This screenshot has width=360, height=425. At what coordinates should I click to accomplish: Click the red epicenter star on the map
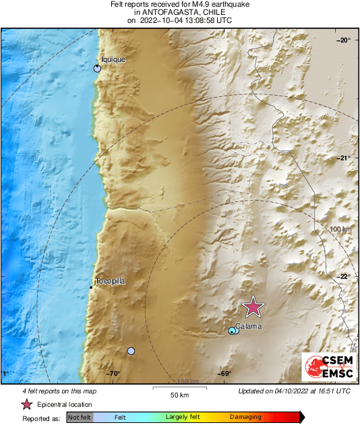click(x=253, y=306)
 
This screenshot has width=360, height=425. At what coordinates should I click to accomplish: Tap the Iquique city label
click(x=113, y=59)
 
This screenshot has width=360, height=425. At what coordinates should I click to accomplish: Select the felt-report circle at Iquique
click(x=97, y=68)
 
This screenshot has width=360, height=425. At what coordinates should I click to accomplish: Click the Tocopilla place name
click(x=110, y=282)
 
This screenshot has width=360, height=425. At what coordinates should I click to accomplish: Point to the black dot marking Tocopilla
click(x=91, y=288)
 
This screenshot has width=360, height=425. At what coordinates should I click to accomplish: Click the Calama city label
click(x=249, y=326)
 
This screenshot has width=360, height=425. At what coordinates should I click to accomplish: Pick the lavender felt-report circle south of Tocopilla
click(x=131, y=351)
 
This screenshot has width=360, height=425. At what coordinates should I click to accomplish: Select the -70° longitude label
click(x=113, y=374)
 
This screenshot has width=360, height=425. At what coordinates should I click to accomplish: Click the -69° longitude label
click(x=224, y=374)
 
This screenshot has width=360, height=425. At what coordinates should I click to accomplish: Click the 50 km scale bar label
click(x=179, y=394)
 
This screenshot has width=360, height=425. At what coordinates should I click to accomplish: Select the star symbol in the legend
click(x=26, y=404)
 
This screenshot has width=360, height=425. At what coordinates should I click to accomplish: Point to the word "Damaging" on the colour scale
click(x=245, y=418)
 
